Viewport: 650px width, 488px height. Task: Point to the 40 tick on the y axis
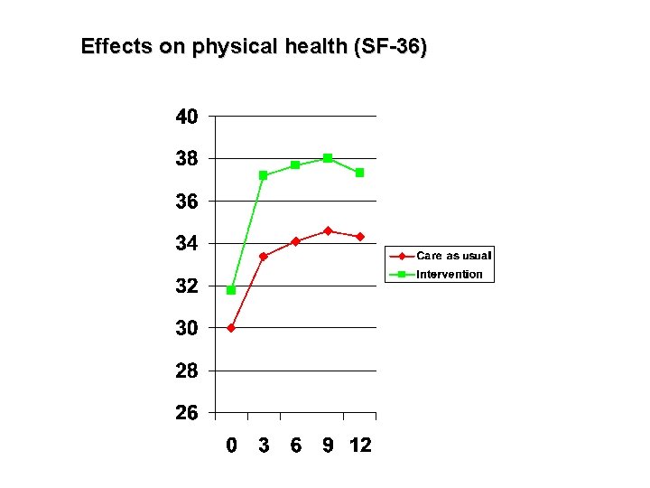(187, 117)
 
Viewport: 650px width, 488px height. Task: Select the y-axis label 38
(187, 159)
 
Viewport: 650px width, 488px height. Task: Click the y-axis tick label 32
(187, 286)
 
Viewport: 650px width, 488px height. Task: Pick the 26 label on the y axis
(187, 413)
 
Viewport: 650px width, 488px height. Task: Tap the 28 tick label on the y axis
(187, 371)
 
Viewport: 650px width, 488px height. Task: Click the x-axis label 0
(231, 446)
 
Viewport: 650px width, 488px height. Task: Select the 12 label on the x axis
(359, 446)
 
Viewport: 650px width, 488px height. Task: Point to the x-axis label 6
(296, 446)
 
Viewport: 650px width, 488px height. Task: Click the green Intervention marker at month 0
(231, 290)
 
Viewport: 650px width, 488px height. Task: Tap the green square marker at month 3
(264, 175)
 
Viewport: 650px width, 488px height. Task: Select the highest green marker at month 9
(328, 158)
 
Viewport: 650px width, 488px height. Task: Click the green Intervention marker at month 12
(359, 173)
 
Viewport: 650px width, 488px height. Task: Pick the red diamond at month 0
(231, 328)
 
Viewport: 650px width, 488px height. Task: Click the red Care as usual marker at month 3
(264, 257)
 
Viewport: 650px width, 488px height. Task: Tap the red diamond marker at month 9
(328, 231)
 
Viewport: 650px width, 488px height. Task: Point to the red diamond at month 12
(359, 237)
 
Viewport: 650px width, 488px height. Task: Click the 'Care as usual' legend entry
(452, 256)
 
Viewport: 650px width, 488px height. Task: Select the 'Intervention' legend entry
(449, 274)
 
